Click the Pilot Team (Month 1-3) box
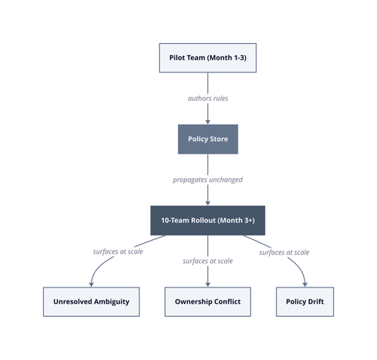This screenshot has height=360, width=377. tap(208, 58)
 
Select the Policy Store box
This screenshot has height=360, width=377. tap(208, 139)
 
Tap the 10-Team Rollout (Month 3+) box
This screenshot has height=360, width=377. tap(208, 220)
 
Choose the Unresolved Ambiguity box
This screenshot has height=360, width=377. tap(91, 302)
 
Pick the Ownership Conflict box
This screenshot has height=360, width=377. tap(208, 302)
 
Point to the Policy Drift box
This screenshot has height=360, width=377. tap(305, 302)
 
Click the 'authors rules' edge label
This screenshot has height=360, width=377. tap(208, 98)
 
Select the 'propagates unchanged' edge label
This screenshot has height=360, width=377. tap(208, 180)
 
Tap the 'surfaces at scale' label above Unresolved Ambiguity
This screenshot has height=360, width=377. tap(118, 252)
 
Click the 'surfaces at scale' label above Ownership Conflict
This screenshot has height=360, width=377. tap(208, 261)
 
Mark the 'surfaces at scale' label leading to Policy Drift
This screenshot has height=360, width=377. tap(284, 252)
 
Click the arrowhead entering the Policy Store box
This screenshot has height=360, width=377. tap(208, 122)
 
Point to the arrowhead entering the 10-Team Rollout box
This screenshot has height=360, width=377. tap(208, 204)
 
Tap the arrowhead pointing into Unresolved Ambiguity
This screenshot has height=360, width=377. tap(91, 285)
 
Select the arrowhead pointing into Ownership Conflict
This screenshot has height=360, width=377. tap(208, 285)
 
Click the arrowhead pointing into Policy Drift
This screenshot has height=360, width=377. tap(305, 285)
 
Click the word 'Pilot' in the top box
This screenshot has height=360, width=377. tap(176, 57)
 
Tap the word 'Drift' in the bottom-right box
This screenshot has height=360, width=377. tap(316, 301)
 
